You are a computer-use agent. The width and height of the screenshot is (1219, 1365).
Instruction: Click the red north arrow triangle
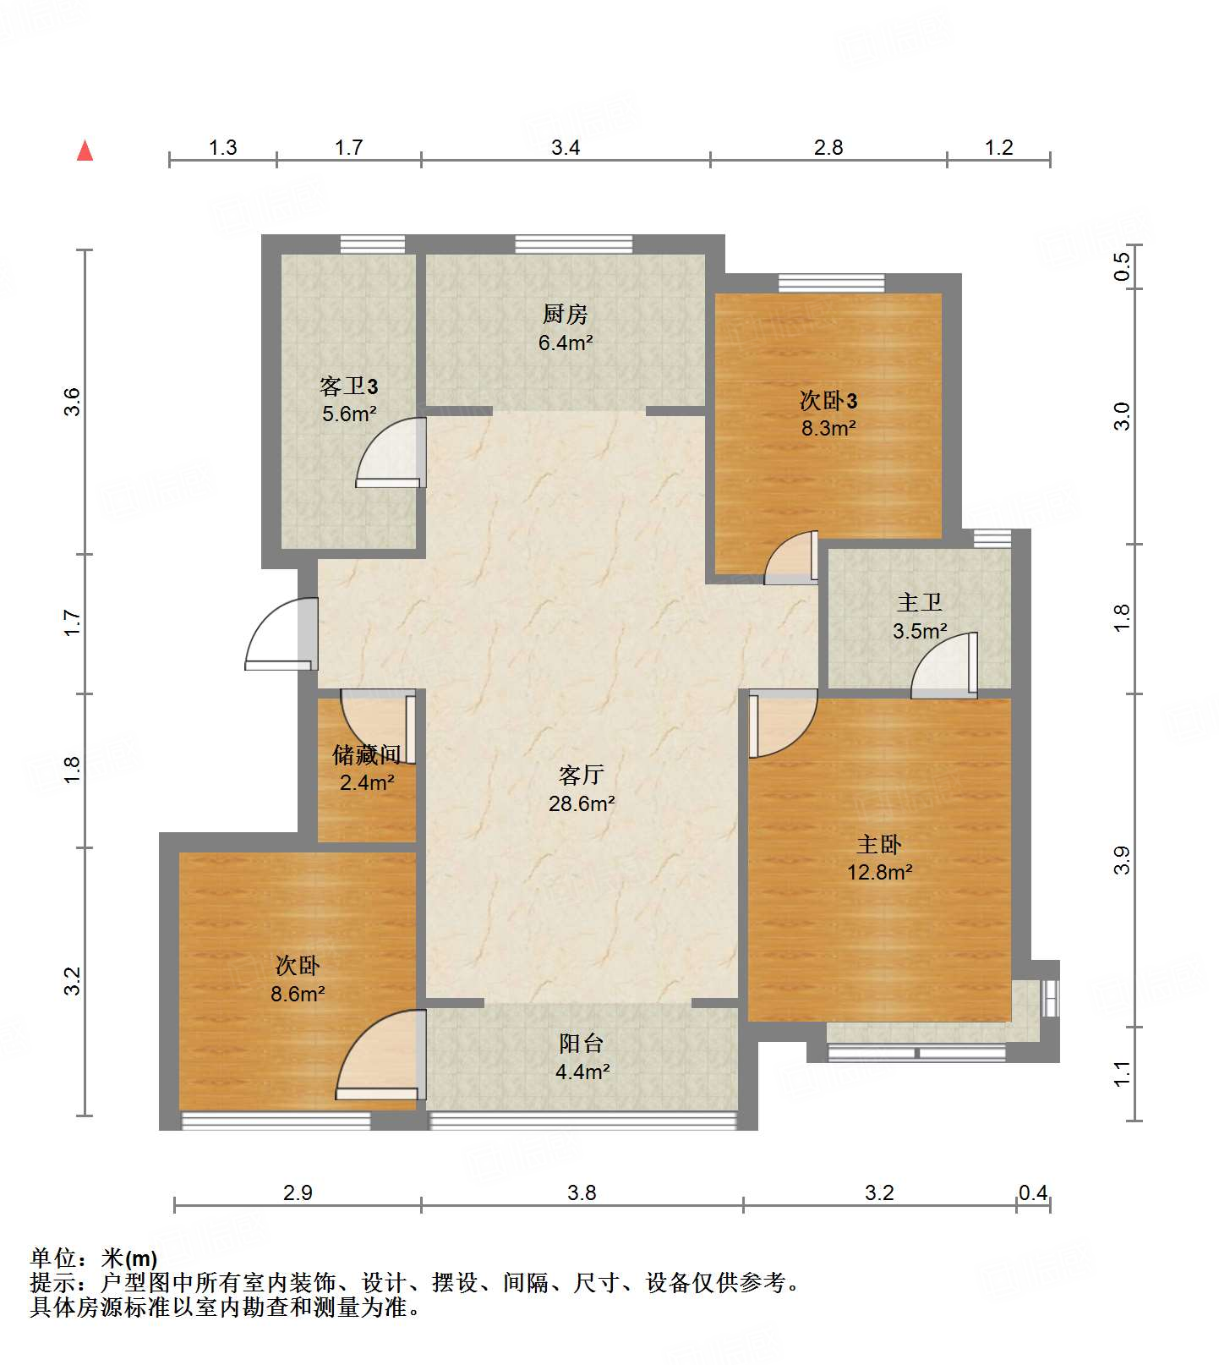[x=85, y=151]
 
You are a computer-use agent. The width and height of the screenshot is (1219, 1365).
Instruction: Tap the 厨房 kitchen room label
[x=566, y=314]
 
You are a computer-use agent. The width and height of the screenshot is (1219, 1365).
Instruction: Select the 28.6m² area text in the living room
[x=582, y=803]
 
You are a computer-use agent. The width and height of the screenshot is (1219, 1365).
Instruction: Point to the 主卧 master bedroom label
[x=880, y=844]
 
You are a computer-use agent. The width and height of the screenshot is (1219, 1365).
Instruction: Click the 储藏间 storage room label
[x=366, y=754]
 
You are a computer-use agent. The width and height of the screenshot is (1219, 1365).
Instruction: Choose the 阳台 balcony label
[x=582, y=1043]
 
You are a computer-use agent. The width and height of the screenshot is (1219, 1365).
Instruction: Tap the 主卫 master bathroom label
[x=920, y=602]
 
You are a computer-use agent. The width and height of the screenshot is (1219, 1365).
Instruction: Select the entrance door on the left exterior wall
[x=282, y=633]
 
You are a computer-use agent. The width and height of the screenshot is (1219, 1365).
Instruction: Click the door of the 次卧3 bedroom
[x=791, y=557]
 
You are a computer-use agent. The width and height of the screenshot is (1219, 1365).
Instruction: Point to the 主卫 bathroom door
[x=944, y=666]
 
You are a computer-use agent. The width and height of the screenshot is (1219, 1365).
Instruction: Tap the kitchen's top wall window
[x=574, y=244]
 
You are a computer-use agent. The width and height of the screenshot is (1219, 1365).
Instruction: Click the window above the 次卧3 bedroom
[x=832, y=282]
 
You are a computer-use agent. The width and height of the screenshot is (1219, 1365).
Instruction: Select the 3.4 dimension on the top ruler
[x=566, y=147]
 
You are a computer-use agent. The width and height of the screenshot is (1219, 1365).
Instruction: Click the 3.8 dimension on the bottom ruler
[x=582, y=1192]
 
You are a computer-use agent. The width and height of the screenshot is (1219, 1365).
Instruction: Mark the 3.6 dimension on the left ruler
[x=72, y=401]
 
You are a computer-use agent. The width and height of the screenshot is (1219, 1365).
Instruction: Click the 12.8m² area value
[x=880, y=872]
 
